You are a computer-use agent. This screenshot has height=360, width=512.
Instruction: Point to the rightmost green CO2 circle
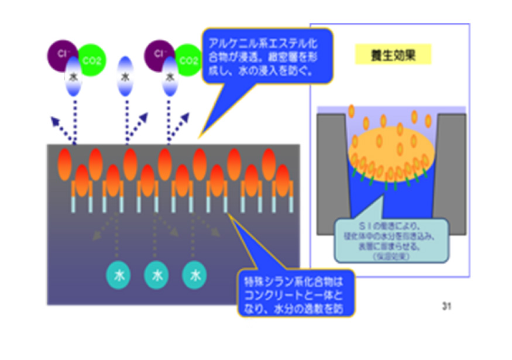click(188, 59)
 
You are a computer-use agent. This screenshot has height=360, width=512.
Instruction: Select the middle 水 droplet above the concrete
click(125, 76)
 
